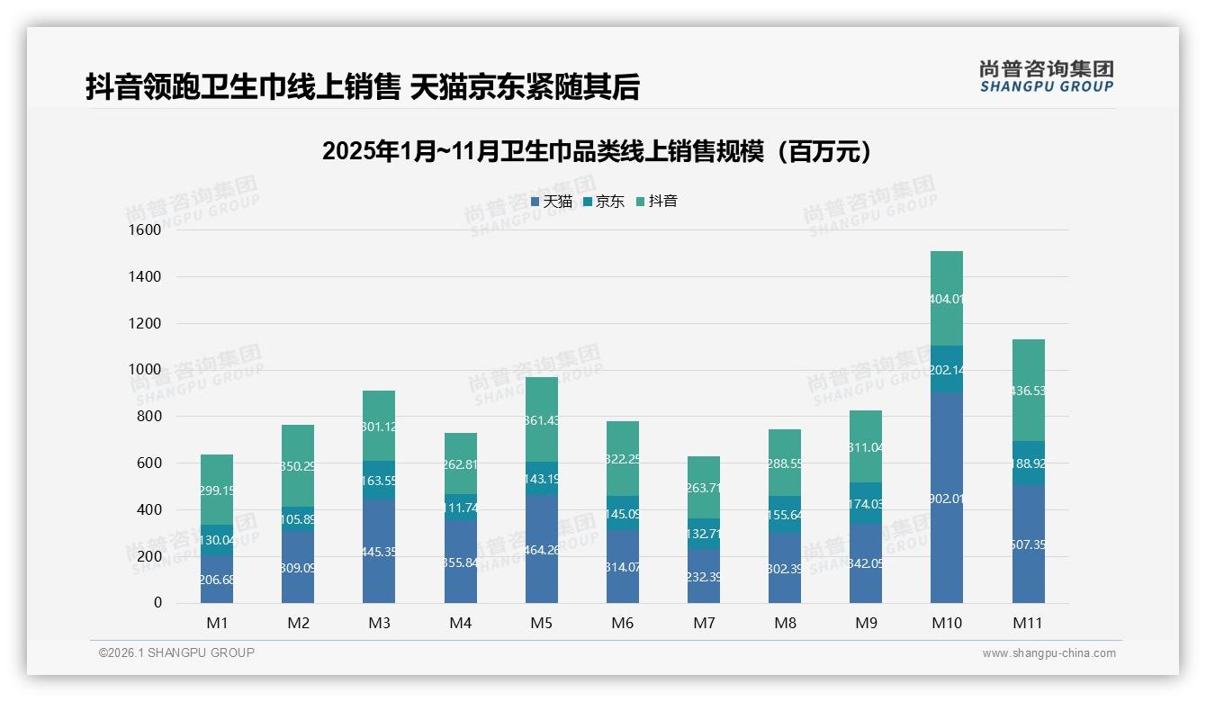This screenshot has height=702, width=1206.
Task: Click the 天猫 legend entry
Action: click(552, 202)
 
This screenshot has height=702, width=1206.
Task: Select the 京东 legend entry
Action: click(604, 202)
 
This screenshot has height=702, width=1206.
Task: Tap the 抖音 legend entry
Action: click(657, 202)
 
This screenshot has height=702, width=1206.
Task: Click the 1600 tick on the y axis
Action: click(144, 230)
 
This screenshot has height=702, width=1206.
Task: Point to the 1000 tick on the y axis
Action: click(144, 370)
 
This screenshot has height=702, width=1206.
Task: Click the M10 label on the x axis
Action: click(946, 623)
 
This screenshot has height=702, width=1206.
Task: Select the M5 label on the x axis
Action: click(541, 623)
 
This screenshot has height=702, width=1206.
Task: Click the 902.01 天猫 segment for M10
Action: click(946, 498)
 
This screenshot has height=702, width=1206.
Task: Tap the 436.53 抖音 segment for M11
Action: click(1028, 391)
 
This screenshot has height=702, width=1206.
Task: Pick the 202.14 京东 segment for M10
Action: click(946, 369)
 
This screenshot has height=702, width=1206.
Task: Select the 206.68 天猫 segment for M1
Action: click(216, 579)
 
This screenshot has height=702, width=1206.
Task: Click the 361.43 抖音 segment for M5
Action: click(541, 419)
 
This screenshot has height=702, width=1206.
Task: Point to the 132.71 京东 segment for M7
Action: click(704, 534)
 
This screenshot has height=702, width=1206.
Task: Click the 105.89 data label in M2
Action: click(298, 519)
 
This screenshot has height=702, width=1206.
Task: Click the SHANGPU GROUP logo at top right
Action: click(1046, 76)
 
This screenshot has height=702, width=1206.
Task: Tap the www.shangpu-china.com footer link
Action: click(1048, 653)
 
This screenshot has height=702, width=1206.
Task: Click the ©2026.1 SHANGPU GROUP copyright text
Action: click(176, 652)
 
